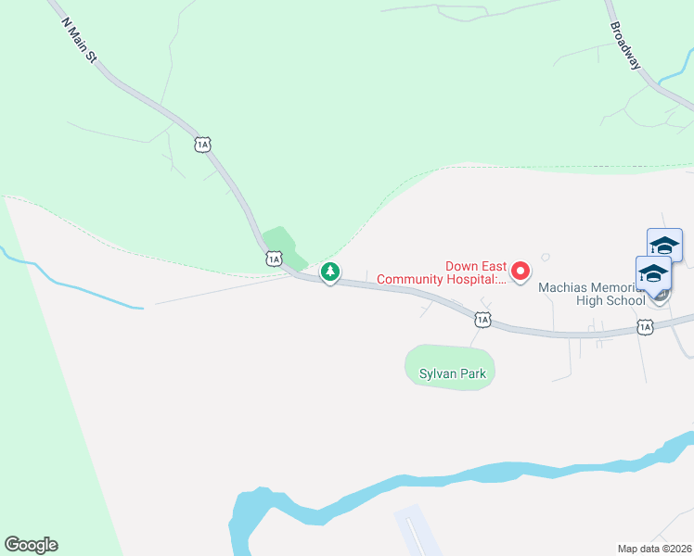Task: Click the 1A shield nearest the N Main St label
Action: tap(203, 145)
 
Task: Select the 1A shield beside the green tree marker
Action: tap(274, 259)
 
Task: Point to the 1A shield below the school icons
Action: tap(646, 326)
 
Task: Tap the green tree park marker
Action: tap(329, 272)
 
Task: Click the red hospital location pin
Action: tap(520, 271)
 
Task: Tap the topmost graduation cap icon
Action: tap(664, 246)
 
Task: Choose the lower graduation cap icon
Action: tap(653, 273)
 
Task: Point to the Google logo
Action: tap(31, 545)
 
